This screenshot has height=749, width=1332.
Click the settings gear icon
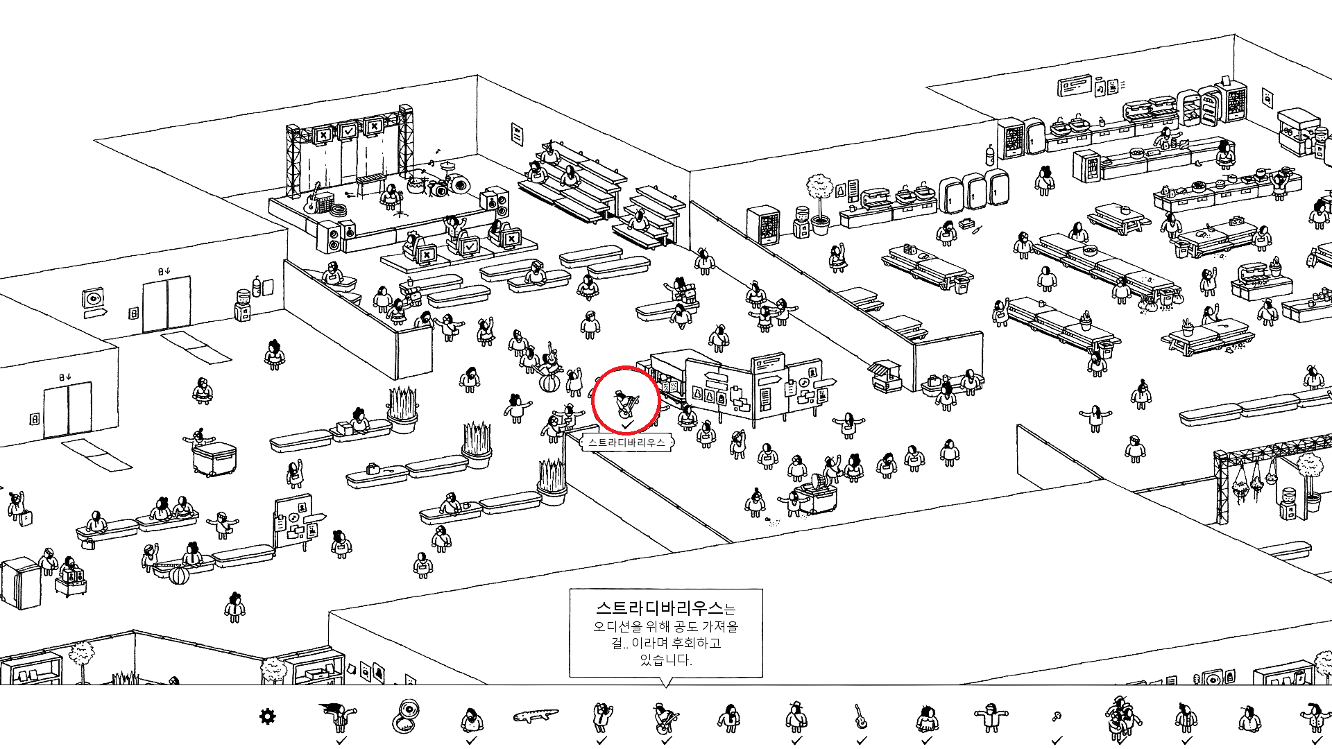[x=267, y=716]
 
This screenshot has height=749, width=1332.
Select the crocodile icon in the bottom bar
[x=536, y=715]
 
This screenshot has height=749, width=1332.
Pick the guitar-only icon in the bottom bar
[x=860, y=716]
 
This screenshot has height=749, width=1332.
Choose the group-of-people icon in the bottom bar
[x=1120, y=718]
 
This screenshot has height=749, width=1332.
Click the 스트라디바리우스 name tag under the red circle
[x=626, y=442]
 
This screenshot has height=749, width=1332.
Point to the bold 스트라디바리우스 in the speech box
[x=659, y=608]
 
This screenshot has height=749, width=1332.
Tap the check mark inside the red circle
[x=627, y=424]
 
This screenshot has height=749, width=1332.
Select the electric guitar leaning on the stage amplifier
[x=312, y=199]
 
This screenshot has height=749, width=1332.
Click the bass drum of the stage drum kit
[x=459, y=184]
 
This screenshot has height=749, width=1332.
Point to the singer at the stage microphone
[x=391, y=196]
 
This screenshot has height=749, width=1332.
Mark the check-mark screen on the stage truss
[x=348, y=131]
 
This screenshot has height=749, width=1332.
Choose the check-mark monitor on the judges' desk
[x=470, y=246]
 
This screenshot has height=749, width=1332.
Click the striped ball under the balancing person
[x=549, y=384]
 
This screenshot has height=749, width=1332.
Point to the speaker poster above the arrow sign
[x=92, y=299]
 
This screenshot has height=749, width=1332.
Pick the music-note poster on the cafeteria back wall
[x=1100, y=88]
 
